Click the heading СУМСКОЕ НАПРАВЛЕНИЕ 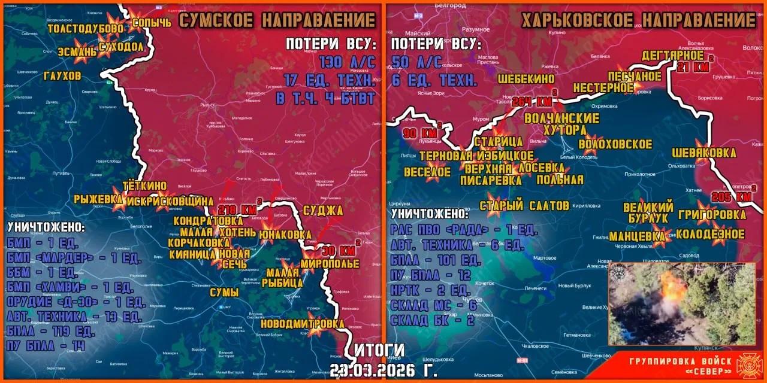coord(277,20)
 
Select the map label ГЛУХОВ coord(62,76)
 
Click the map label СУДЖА coord(323,210)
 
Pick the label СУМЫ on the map coord(225,293)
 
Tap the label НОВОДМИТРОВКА coord(303,324)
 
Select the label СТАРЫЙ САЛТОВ coord(524,206)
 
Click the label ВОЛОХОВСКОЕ coord(615,144)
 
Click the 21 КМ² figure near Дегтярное coord(693,67)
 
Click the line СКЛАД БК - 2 coord(432,320)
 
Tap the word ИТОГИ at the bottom coord(379,351)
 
